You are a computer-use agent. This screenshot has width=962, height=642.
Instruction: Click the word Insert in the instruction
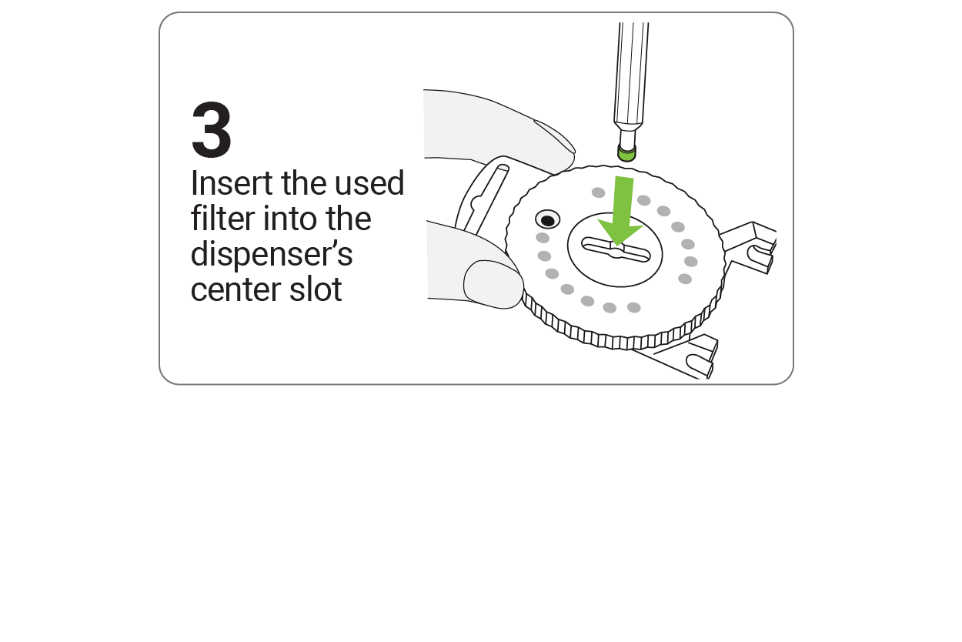click(232, 183)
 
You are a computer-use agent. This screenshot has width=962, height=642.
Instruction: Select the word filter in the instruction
click(223, 218)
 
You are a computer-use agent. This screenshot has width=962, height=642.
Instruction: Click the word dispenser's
click(272, 255)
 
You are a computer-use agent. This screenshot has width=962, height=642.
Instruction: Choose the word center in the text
click(236, 290)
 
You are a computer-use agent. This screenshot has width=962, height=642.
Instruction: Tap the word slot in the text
click(316, 289)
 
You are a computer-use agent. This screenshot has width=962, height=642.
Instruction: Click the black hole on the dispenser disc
click(547, 221)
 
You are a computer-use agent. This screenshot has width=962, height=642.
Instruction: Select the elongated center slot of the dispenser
click(616, 249)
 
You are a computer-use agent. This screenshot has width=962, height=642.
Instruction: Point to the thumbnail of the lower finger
click(493, 284)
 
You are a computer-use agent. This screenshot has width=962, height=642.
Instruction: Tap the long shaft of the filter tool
click(631, 77)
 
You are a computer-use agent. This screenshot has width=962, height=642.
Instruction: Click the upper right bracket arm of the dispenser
click(750, 247)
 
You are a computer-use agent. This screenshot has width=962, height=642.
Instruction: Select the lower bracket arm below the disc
click(683, 356)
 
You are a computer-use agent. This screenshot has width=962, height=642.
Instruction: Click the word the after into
click(349, 218)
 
